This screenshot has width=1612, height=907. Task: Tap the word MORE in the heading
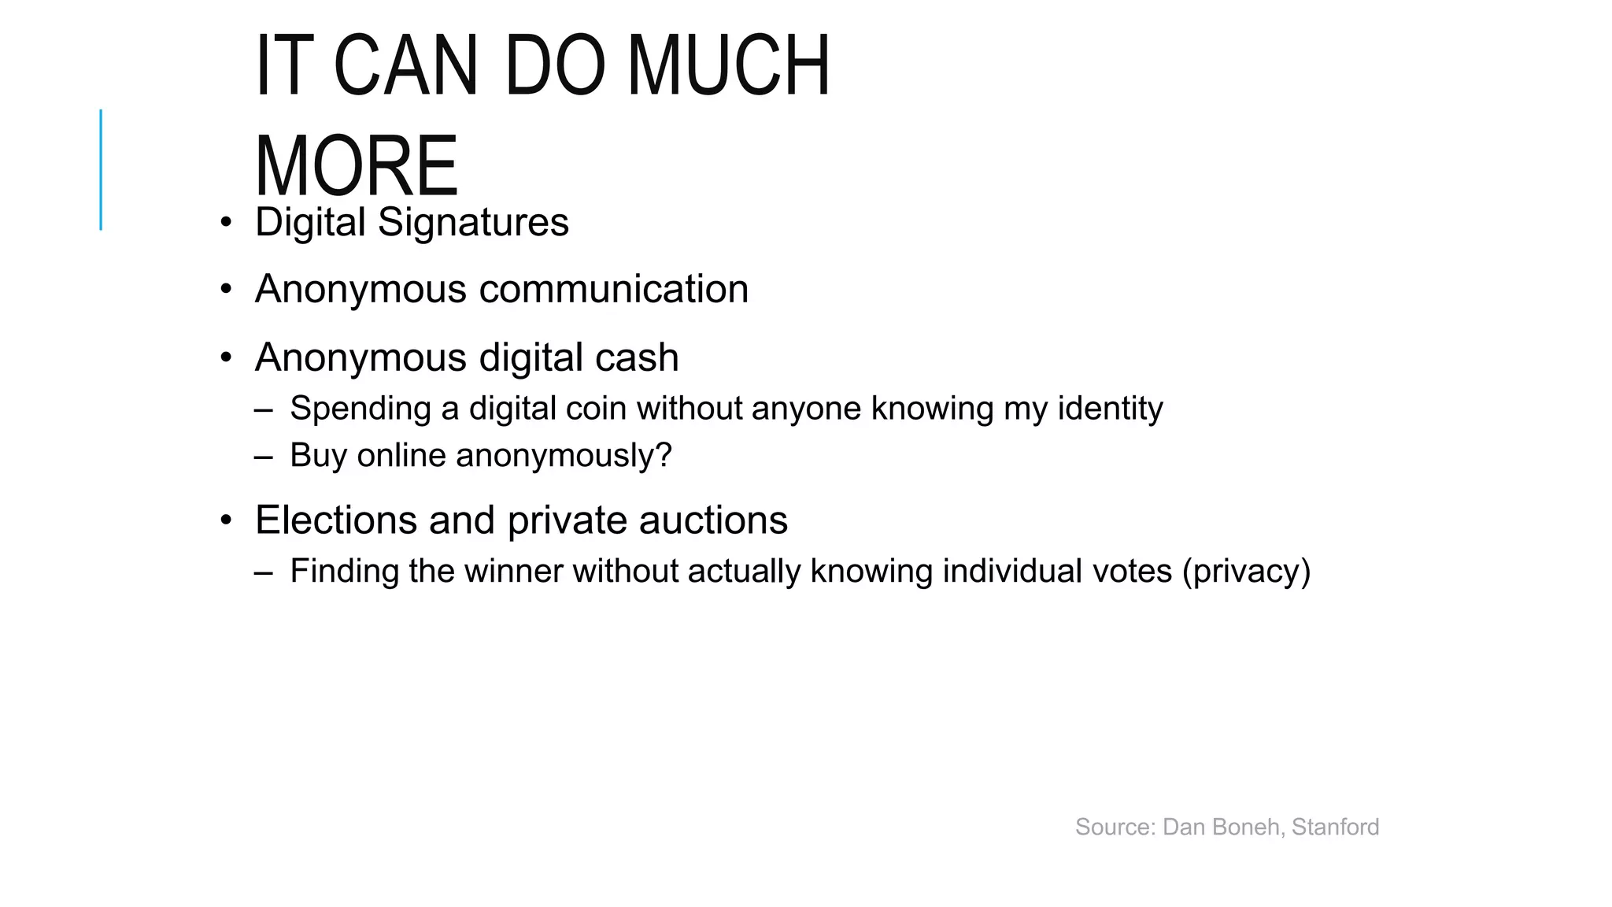coord(356,166)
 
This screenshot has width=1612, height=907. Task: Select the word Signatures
coord(473,222)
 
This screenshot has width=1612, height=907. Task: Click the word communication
coord(613,289)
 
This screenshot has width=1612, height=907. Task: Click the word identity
coord(1110,409)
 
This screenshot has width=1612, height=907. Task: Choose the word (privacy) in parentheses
coord(1246,571)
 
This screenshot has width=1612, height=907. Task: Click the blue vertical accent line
coord(101,169)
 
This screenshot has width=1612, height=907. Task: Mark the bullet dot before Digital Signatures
coord(226,223)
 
